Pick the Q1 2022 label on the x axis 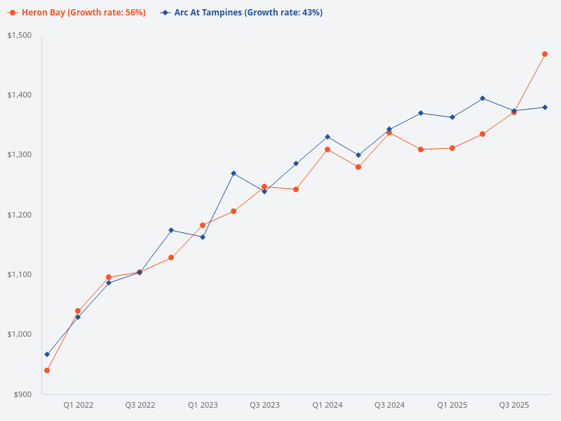[x=79, y=405]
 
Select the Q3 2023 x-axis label [x=264, y=405]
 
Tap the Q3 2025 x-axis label [x=514, y=405]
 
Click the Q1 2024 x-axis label [x=327, y=405]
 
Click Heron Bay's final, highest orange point [x=545, y=54]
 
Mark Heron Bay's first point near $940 [x=47, y=370]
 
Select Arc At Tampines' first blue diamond [x=47, y=354]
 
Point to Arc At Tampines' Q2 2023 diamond [x=234, y=173]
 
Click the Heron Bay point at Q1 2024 [x=327, y=149]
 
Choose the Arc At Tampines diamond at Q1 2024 [x=327, y=137]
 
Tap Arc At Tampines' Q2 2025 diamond [x=482, y=98]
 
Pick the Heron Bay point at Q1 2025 [x=452, y=148]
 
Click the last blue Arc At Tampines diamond [x=545, y=107]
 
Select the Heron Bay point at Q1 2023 [x=203, y=225]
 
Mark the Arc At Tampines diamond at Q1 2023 [x=203, y=237]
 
